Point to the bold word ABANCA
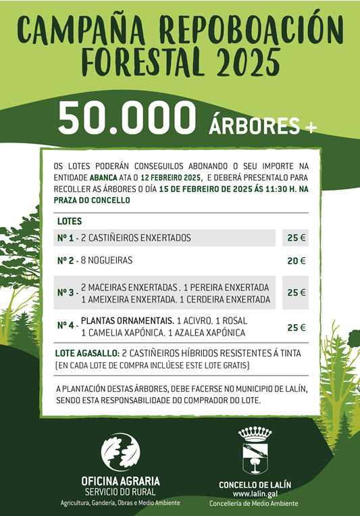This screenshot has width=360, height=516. point(107,176)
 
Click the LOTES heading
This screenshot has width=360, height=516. point(70,222)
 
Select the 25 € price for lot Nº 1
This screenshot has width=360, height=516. point(296,238)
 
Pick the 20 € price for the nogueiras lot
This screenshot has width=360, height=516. point(296,261)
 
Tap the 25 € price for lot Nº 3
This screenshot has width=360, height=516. point(296,292)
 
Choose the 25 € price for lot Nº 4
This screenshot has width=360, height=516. point(296,327)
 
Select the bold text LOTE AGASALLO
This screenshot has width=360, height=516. point(86,353)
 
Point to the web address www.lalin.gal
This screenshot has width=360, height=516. point(255,494)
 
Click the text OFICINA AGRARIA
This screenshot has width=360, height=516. point(120,481)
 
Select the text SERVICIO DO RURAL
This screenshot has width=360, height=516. point(120,492)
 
